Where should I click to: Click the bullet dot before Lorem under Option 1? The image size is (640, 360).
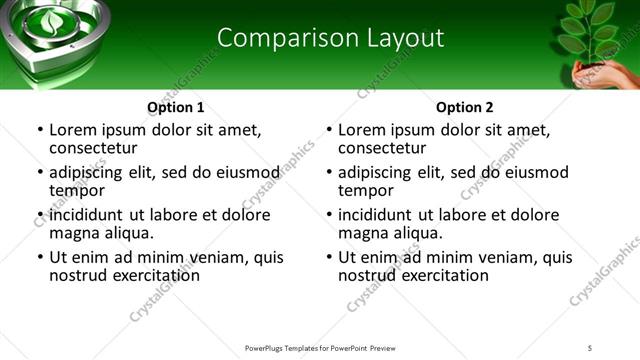pyautogui.click(x=38, y=130)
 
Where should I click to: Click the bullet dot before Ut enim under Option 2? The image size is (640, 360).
pyautogui.click(x=328, y=257)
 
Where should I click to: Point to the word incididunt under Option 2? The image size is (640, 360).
pyautogui.click(x=379, y=215)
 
